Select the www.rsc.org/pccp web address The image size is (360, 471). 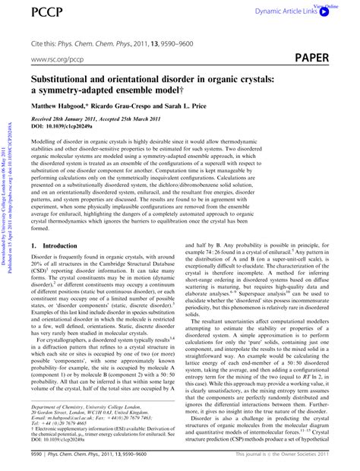57,58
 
